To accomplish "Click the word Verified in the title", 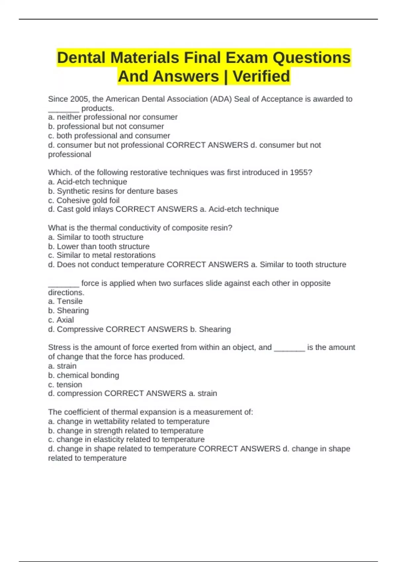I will click(x=261, y=76).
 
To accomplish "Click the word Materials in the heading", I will click(x=145, y=58).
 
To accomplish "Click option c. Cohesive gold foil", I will click(x=84, y=200).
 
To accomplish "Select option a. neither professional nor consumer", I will click(x=113, y=117).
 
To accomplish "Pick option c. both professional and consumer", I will click(x=109, y=136).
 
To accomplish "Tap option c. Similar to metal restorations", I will click(x=102, y=255).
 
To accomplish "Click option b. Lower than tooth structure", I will click(x=99, y=246).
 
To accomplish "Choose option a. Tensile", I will click(x=66, y=301).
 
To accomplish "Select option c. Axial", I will click(x=61, y=320).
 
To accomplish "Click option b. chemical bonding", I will click(x=84, y=375).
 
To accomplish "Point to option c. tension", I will click(x=65, y=384).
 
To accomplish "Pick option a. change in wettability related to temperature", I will click(x=129, y=421).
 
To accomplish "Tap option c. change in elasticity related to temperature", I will click(x=126, y=439).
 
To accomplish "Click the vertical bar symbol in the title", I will click(x=226, y=76).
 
